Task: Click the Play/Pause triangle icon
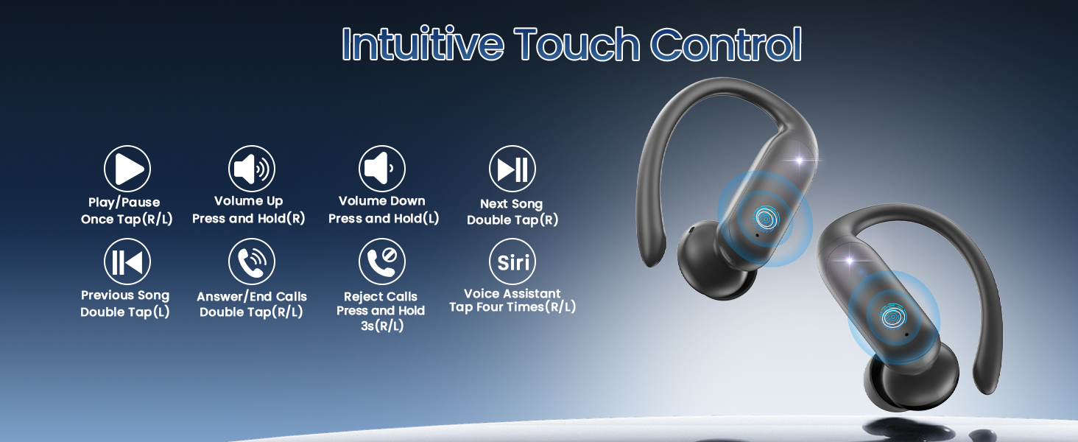tap(127, 169)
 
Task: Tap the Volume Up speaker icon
tap(251, 169)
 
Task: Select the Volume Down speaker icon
tap(381, 169)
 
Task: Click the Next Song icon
tap(512, 169)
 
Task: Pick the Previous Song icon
tap(127, 262)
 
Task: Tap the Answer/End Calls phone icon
tap(251, 262)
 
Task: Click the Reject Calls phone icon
tap(381, 262)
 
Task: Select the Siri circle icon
tap(512, 262)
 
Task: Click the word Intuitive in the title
tap(423, 45)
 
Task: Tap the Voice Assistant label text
tap(512, 294)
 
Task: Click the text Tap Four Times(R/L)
tap(512, 308)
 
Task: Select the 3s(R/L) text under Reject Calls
tap(381, 326)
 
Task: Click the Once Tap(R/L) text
tap(127, 220)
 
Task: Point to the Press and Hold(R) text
tap(248, 219)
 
